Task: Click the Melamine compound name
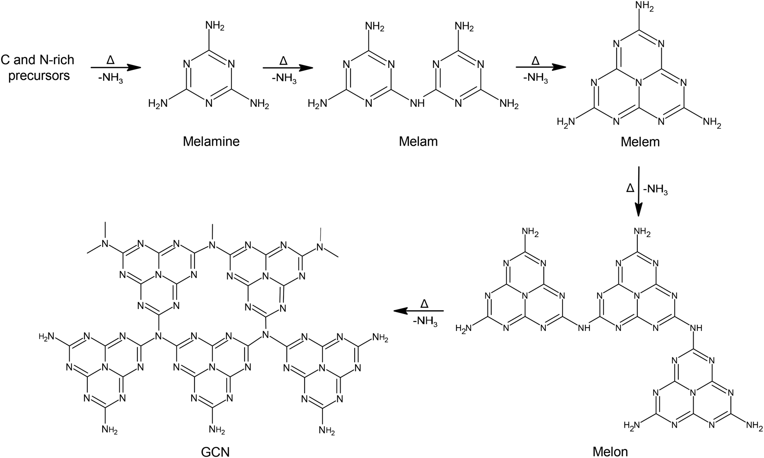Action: click(211, 141)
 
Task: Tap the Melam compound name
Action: click(418, 141)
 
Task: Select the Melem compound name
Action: click(640, 142)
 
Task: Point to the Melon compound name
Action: click(610, 451)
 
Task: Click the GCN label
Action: click(215, 451)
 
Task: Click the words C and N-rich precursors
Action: click(38, 67)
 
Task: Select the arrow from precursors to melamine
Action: click(116, 67)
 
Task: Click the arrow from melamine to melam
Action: click(288, 67)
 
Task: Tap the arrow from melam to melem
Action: click(541, 67)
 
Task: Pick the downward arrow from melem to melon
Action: click(639, 191)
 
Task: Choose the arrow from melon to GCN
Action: click(418, 310)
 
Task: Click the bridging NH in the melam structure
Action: click(416, 103)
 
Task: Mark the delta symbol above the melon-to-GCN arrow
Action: click(424, 304)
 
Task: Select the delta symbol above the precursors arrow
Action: click(111, 61)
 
